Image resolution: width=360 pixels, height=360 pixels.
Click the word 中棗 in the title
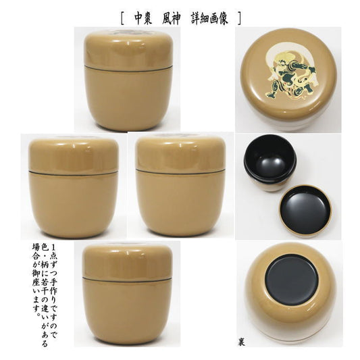tap(143, 19)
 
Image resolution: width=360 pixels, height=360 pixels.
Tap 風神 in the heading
tap(171, 19)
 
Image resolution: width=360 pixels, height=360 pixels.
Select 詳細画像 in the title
tap(209, 19)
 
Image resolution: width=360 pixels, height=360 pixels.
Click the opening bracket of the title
tap(122, 19)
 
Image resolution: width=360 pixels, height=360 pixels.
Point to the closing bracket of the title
tap(239, 19)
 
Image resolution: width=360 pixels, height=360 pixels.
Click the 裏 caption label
tap(242, 342)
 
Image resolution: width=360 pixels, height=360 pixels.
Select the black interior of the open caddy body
tap(269, 159)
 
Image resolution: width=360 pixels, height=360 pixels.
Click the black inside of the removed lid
tap(305, 211)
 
